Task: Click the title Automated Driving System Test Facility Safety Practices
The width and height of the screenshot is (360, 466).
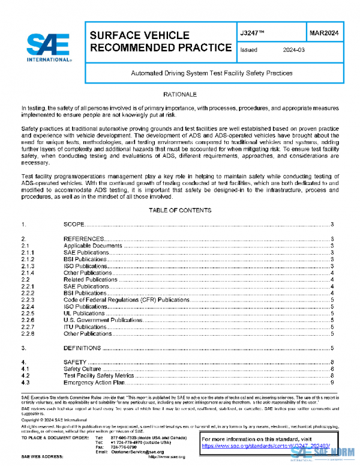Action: (212, 73)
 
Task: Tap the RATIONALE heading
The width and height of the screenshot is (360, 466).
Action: (180, 95)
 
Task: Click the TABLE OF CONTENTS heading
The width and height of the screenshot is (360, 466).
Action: (180, 211)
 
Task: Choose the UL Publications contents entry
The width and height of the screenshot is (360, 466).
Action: (85, 313)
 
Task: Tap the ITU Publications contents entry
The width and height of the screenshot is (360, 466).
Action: (85, 327)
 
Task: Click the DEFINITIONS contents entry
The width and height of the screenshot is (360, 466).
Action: (82, 348)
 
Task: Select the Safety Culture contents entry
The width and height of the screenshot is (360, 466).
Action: (83, 369)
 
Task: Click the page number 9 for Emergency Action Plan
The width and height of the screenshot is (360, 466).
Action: (332, 383)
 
